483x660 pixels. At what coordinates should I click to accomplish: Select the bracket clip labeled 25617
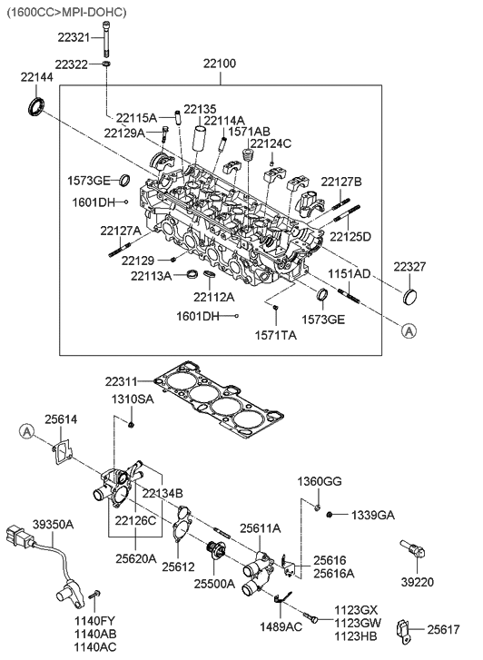(404, 629)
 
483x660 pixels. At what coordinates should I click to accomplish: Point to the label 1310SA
(133, 400)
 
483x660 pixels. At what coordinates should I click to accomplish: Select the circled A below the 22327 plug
(410, 331)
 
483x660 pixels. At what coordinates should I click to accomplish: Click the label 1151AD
(349, 273)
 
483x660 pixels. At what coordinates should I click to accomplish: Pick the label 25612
(179, 566)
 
